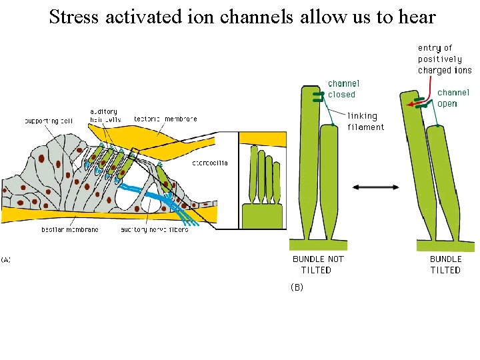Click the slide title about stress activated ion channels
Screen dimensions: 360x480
[242, 17]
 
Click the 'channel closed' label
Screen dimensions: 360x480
[343, 89]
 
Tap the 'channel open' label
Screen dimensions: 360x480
[453, 98]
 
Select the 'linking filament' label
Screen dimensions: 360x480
[365, 121]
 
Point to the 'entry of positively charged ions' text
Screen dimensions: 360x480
[445, 59]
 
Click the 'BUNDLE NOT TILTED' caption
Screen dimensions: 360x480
[319, 264]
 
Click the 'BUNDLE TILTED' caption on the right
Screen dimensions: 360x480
[445, 264]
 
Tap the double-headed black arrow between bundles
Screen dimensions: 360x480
[375, 187]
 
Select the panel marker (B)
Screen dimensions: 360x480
[297, 287]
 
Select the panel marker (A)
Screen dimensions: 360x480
[6, 259]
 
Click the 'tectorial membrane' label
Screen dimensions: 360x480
[165, 119]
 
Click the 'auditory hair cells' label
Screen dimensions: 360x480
[103, 115]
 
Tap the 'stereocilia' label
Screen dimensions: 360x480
[210, 162]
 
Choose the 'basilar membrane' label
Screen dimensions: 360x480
[70, 229]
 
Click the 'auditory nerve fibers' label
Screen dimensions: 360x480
[154, 229]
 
